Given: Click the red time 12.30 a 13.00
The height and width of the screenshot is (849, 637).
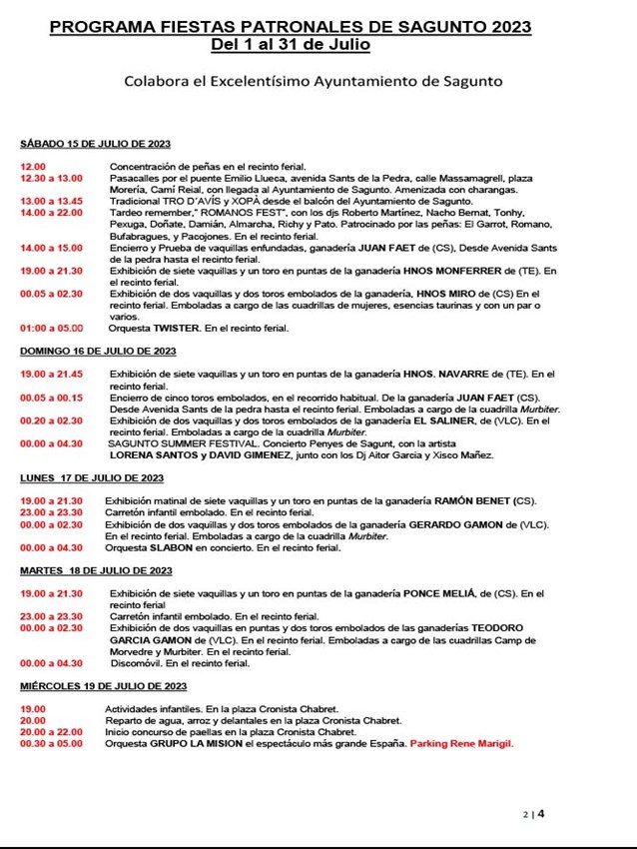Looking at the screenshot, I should pyautogui.click(x=51, y=178).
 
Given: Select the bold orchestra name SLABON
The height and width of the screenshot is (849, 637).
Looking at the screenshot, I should pyautogui.click(x=171, y=547).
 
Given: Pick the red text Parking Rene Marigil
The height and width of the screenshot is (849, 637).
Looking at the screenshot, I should pyautogui.click(x=462, y=744).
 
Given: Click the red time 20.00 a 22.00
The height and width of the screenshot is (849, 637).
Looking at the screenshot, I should pyautogui.click(x=51, y=732).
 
